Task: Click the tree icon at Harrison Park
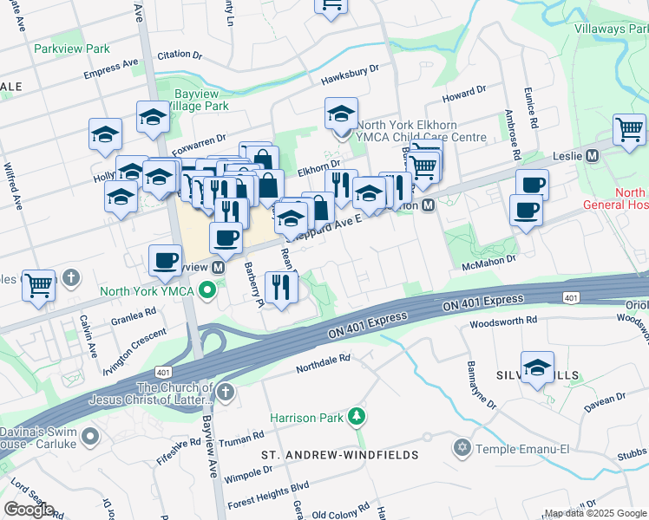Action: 355,418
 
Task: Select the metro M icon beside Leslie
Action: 593,156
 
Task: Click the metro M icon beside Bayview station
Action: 219,268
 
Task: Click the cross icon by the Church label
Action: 225,393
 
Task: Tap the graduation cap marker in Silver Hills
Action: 537,367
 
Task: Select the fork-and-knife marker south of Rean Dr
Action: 280,288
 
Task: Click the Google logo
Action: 29,510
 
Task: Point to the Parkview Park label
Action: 72,49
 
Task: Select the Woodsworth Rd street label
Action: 504,322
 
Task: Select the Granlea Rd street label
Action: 133,310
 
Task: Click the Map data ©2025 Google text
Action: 594,513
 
